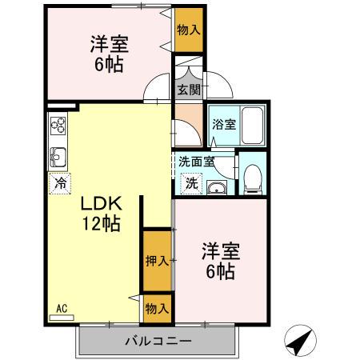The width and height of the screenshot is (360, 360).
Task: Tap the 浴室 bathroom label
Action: click(x=224, y=125)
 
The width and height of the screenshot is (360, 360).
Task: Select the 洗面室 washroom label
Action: click(x=196, y=161)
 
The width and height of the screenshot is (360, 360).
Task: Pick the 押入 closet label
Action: click(x=157, y=260)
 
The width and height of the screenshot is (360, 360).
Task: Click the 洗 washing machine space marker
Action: click(x=192, y=182)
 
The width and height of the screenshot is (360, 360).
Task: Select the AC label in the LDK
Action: click(x=62, y=307)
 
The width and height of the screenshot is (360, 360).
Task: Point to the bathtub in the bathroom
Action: click(x=252, y=126)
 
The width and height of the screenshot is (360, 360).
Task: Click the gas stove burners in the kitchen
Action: click(x=58, y=126)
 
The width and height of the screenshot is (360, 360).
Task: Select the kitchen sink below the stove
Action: click(x=58, y=155)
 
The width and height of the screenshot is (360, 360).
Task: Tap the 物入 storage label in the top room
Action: click(x=188, y=30)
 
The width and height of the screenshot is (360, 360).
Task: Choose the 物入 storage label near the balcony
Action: click(x=157, y=308)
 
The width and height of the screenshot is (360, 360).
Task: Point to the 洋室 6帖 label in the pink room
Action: click(x=218, y=262)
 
